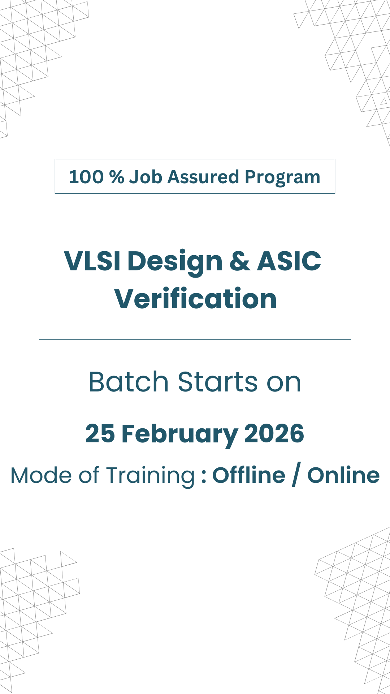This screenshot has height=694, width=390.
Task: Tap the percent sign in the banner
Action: pyautogui.click(x=117, y=177)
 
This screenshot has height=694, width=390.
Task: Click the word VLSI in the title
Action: pyautogui.click(x=92, y=261)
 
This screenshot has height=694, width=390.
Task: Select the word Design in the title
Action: pyautogui.click(x=175, y=262)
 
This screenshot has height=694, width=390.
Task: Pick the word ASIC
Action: pyautogui.click(x=289, y=261)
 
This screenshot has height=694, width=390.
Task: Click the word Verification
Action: pyautogui.click(x=196, y=299)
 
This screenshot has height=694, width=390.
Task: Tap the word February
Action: pyautogui.click(x=180, y=435)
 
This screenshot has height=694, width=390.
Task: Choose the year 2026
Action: pyautogui.click(x=274, y=433)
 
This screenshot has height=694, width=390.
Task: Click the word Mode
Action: pyautogui.click(x=41, y=475)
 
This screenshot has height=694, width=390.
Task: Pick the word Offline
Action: pyautogui.click(x=249, y=475)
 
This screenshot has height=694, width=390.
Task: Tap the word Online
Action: pyautogui.click(x=343, y=475)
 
